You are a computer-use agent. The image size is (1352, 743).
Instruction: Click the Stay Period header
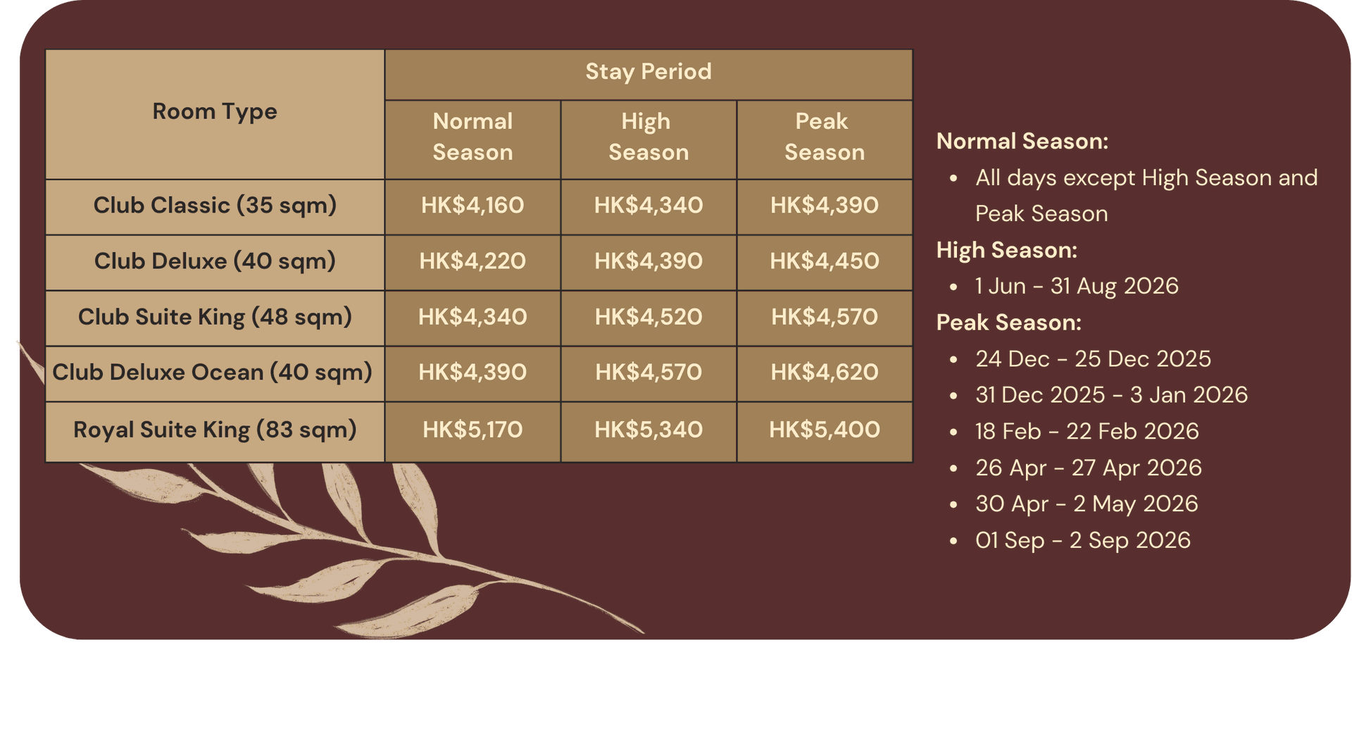649,72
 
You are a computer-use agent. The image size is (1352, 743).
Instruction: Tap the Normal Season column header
472,137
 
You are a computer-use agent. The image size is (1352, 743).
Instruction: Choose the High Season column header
649,137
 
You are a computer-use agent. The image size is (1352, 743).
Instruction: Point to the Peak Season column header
825,137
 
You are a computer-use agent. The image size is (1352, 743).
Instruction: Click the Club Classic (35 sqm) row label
215,206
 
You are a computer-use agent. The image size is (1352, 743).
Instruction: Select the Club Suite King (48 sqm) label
215,318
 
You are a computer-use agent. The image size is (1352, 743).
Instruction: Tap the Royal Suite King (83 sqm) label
215,430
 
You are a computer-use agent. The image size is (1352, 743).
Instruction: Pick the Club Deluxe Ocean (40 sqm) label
212,373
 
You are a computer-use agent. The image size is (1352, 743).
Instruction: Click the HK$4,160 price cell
472,206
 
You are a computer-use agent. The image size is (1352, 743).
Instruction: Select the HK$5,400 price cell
825,430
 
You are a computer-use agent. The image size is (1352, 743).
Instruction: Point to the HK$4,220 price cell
472,261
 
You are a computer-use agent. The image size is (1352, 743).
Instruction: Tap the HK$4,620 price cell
825,372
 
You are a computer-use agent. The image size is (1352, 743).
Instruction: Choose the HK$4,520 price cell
649,317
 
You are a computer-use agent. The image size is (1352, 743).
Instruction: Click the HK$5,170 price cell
472,430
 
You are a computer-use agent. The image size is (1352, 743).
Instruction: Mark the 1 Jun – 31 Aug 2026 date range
1077,286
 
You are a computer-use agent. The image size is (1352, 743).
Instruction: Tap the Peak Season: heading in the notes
1009,323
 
